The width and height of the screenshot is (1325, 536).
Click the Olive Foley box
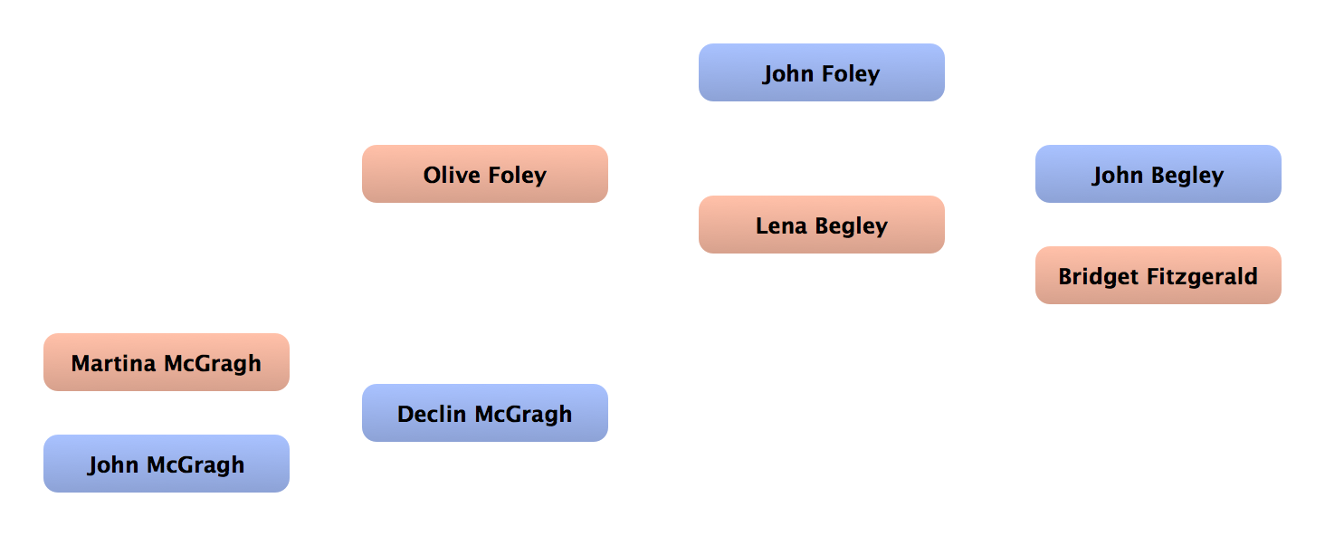pyautogui.click(x=485, y=175)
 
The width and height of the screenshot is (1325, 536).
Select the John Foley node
pyautogui.click(x=821, y=73)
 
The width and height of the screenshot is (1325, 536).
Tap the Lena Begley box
pyautogui.click(x=821, y=225)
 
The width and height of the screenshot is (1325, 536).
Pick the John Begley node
pyautogui.click(x=1158, y=175)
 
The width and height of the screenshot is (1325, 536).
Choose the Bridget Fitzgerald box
pyautogui.click(x=1158, y=276)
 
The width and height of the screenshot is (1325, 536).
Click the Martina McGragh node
pyautogui.click(x=167, y=363)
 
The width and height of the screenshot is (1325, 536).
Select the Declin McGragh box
pyautogui.click(x=485, y=414)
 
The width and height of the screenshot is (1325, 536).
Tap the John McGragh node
pyautogui.click(x=167, y=464)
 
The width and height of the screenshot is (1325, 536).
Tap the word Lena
pyautogui.click(x=781, y=225)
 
